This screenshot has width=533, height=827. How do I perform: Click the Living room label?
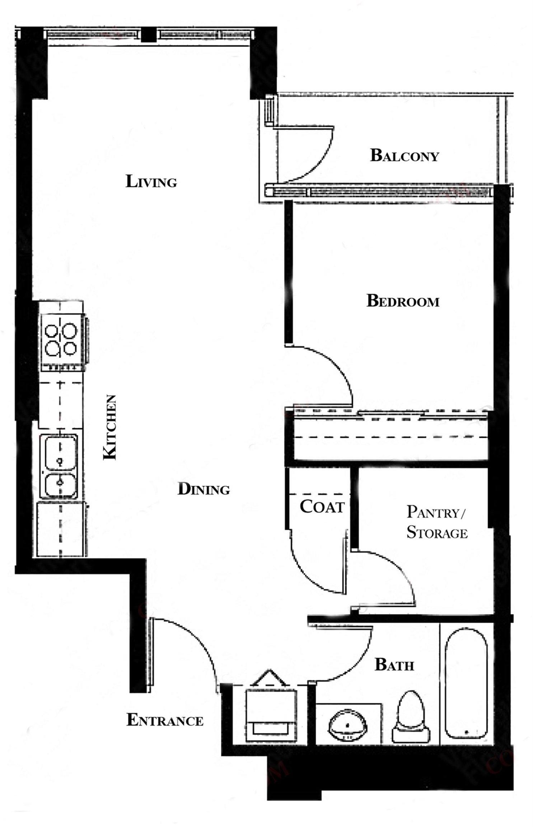pyautogui.click(x=151, y=181)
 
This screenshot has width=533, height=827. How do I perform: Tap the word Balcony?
pyautogui.click(x=405, y=156)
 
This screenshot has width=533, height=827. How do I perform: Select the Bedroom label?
pyautogui.click(x=403, y=301)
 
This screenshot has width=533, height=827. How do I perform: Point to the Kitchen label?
pyautogui.click(x=110, y=427)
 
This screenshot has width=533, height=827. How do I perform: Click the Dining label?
pyautogui.click(x=204, y=489)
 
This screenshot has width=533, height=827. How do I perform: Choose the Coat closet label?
pyautogui.click(x=322, y=506)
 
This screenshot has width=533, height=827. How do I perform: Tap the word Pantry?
pyautogui.click(x=435, y=512)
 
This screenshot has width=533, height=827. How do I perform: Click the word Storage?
pyautogui.click(x=437, y=532)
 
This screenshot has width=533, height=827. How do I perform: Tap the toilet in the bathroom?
pyautogui.click(x=410, y=710)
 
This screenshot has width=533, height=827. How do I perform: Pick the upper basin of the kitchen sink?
pyautogui.click(x=60, y=452)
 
